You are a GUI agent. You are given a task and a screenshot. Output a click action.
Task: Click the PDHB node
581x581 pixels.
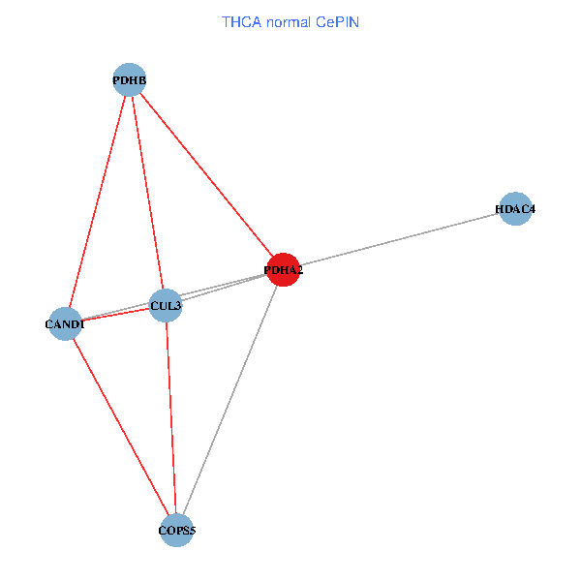coord(130,79)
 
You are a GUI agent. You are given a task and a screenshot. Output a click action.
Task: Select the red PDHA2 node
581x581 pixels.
coord(284,270)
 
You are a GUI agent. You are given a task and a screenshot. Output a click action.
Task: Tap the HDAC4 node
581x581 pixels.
coord(515,209)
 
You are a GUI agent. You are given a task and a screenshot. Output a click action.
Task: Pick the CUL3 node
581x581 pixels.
coord(166,305)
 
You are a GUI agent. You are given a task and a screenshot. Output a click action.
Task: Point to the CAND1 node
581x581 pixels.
coord(65,323)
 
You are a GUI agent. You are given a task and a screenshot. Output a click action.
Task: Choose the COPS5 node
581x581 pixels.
coord(177,531)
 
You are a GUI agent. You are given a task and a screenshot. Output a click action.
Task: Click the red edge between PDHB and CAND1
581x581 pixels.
coord(98,201)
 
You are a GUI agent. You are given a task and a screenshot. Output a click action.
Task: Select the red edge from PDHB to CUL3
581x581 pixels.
coord(147,193)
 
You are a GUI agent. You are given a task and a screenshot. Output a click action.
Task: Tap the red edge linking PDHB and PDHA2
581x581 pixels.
coord(206,175)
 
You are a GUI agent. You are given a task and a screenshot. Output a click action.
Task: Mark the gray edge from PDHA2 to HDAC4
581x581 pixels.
coord(399,239)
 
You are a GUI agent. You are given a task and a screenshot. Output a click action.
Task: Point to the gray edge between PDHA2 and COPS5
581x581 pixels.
coord(230,400)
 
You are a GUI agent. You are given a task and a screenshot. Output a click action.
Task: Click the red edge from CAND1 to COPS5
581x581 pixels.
coord(121,427)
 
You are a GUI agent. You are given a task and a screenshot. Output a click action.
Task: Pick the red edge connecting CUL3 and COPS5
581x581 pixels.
coord(171,418)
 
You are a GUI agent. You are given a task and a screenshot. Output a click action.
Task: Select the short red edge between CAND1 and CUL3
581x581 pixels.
coord(115,315)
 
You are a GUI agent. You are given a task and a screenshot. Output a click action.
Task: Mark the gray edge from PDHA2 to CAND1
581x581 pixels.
coord(174,297)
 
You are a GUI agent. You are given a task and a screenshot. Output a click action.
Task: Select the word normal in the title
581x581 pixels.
coord(289,23)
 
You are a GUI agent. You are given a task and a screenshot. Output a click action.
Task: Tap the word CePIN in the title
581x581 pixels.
coord(338,22)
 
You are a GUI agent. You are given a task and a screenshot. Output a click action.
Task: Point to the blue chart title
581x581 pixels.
coord(290,22)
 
